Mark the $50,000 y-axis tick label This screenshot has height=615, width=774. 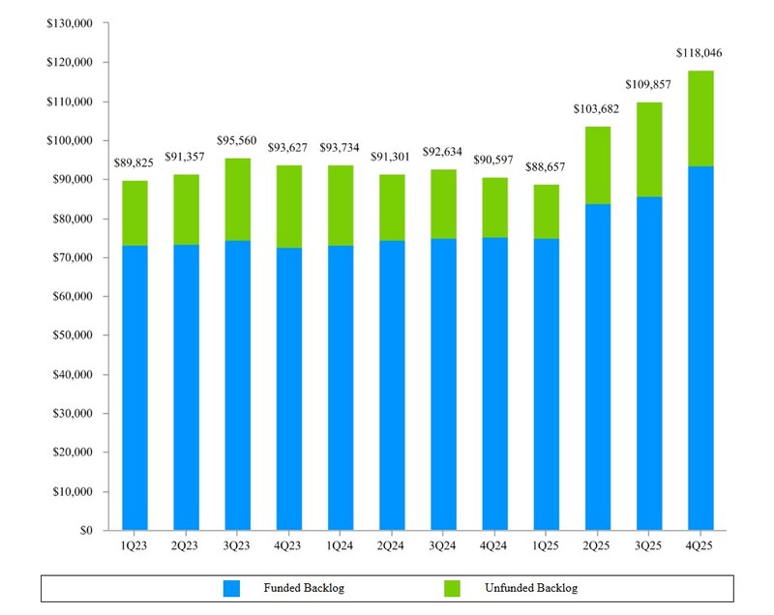73,336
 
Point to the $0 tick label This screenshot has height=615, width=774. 84,531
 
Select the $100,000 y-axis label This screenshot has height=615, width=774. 70,140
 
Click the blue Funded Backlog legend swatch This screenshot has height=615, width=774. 231,588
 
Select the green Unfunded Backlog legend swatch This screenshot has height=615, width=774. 453,588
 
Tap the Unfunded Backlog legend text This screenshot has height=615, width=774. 532,588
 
